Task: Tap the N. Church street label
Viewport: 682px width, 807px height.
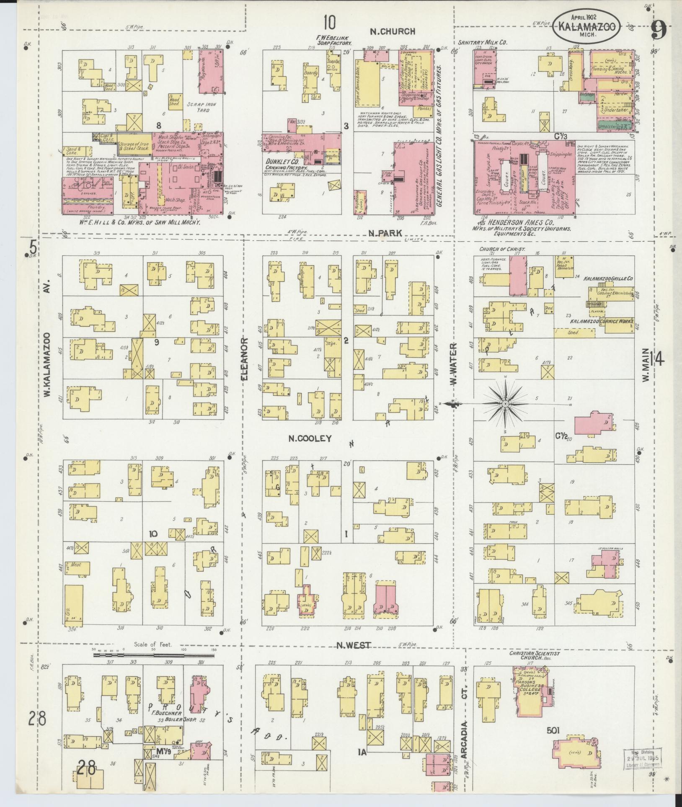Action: tap(392, 31)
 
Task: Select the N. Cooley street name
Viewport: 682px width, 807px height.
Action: tap(310, 438)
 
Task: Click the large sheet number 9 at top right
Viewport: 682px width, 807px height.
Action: tap(659, 30)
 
